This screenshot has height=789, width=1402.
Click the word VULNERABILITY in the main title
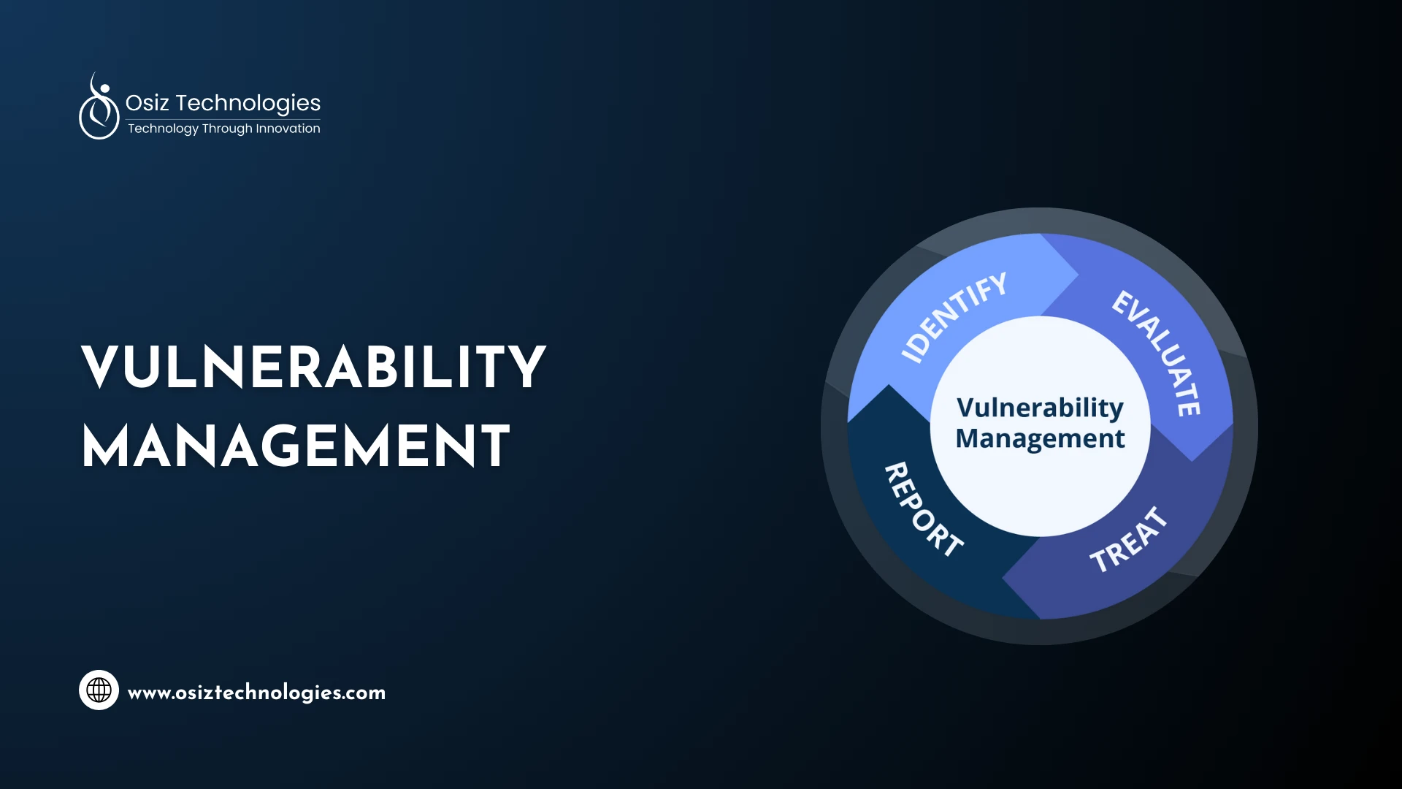pos(313,367)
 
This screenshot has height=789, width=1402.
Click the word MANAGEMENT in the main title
pos(296,446)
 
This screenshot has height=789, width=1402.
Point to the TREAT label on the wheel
pos(1128,540)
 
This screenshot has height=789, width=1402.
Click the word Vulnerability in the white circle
pos(1040,408)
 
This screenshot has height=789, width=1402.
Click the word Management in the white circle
pos(1040,438)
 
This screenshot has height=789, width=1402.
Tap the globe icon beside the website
pos(99,690)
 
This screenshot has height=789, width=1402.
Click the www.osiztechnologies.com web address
pos(256,693)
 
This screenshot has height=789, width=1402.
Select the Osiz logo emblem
pos(99,107)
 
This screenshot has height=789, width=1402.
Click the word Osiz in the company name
pos(147,103)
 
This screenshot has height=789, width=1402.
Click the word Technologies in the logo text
pos(248,103)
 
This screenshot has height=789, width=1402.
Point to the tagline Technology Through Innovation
pos(223,129)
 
